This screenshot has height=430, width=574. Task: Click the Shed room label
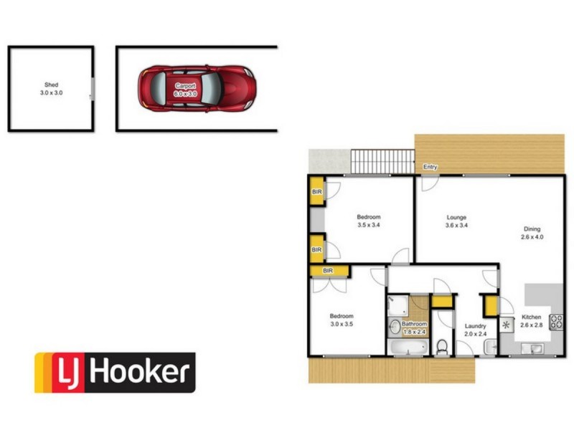(50, 85)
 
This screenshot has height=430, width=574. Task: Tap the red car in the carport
(197, 88)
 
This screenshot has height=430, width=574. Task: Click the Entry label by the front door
(430, 167)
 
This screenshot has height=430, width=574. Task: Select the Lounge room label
(456, 217)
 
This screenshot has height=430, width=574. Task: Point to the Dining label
(532, 229)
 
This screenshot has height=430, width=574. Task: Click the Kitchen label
(531, 317)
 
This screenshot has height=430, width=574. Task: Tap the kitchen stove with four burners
(557, 322)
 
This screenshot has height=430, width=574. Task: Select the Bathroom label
(414, 324)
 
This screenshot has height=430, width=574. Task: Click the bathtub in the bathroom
(407, 348)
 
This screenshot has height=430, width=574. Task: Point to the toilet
(442, 348)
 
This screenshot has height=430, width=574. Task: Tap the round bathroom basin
(395, 328)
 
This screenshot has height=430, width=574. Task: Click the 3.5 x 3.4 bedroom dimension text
(369, 225)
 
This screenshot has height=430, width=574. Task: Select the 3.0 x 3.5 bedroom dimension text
(342, 324)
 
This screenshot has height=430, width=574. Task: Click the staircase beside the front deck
(382, 161)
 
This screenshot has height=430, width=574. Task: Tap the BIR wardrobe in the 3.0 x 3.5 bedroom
(329, 270)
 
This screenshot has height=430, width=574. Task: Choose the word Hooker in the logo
(141, 373)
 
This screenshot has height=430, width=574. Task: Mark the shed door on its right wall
(92, 89)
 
